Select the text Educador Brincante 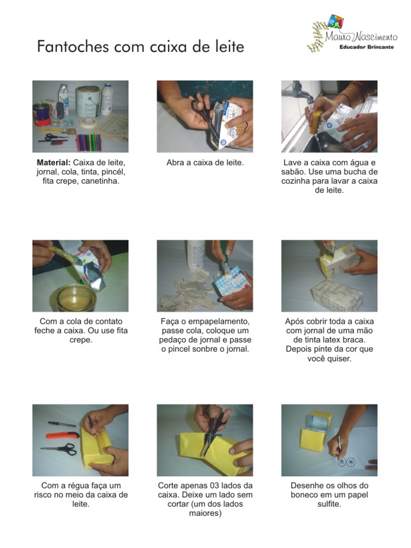point(367,47)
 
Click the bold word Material point(54,163)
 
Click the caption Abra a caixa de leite point(205,163)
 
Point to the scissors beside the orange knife point(59,448)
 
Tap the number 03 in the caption point(210,486)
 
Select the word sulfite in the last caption point(329,504)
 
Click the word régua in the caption point(80,486)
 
